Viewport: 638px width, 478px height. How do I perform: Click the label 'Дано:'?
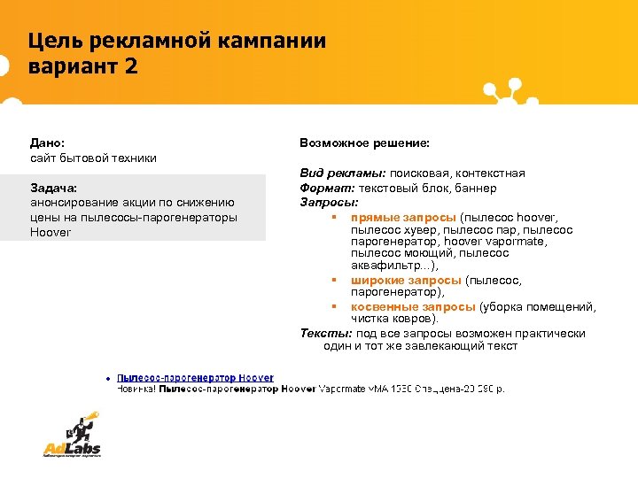coord(47,143)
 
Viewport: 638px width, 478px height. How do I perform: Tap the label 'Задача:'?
coord(53,189)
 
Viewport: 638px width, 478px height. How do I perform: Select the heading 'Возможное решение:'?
coord(364,143)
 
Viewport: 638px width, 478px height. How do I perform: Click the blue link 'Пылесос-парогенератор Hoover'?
coord(195,378)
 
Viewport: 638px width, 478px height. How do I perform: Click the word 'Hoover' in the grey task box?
coord(50,232)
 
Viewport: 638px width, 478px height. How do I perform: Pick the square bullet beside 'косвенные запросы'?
coord(334,307)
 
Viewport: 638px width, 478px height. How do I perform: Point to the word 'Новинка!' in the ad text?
coord(136,389)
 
